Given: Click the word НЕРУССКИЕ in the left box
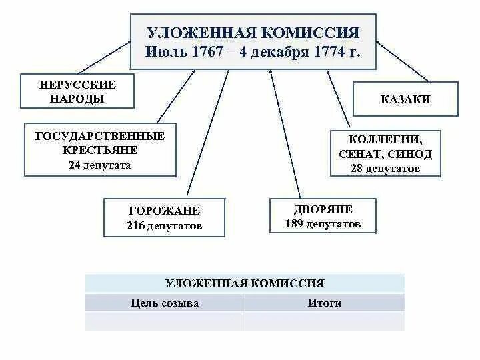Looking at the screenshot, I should click(77, 85).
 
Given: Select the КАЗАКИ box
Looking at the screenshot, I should click(405, 100).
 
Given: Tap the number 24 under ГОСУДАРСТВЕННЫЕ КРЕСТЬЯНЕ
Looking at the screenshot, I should click(73, 165).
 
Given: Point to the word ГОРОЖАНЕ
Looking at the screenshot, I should click(164, 211).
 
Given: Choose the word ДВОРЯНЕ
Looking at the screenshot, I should click(323, 209).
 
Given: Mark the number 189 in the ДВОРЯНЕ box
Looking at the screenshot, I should click(294, 224).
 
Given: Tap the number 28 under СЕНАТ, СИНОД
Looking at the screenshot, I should click(356, 169).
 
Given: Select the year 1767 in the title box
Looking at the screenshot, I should click(207, 52).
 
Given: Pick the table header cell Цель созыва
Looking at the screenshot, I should click(165, 303).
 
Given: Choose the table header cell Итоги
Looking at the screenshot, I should click(324, 303).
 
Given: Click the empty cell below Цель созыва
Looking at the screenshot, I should click(165, 321).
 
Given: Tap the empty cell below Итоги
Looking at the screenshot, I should click(324, 321).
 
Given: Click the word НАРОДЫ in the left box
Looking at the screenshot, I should click(77, 99).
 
